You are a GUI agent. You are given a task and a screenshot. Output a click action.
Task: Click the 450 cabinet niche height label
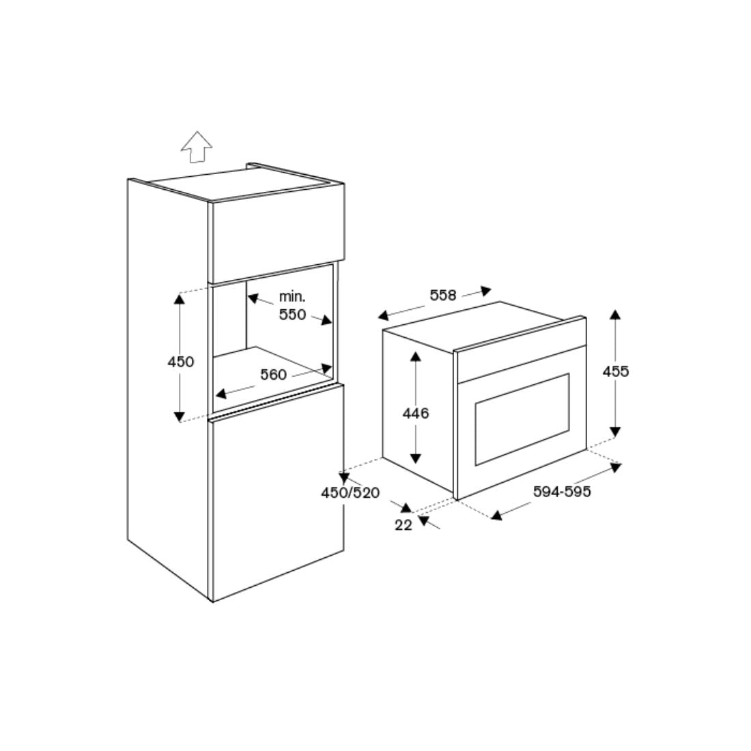pos(181,362)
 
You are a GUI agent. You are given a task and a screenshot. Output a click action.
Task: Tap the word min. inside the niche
pos(292,297)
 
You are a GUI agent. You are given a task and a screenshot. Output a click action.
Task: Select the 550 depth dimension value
pos(292,315)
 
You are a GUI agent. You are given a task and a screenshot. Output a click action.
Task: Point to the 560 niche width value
pos(273,375)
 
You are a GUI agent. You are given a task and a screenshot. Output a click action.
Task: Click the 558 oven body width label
pos(442,295)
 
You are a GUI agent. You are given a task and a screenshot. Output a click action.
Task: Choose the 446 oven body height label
pos(416,413)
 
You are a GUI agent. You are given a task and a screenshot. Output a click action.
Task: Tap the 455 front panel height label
pos(616,371)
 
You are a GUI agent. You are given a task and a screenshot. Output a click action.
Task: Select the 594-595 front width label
pos(563,492)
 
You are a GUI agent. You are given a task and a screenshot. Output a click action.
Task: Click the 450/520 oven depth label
pos(350,493)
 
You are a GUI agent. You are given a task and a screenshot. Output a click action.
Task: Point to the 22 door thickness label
pos(403,525)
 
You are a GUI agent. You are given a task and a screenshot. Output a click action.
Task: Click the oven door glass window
pos(522,419)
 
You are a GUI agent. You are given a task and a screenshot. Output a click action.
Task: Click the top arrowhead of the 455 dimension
pos(615,315)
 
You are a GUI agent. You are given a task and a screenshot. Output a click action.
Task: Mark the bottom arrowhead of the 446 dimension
pos(415,458)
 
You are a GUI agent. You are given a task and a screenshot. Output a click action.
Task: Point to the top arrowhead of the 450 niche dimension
pos(180,299)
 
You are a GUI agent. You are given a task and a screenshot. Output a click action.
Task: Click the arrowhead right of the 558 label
pos(485,291)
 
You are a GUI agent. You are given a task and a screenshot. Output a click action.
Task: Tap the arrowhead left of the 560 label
pos(221,393)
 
